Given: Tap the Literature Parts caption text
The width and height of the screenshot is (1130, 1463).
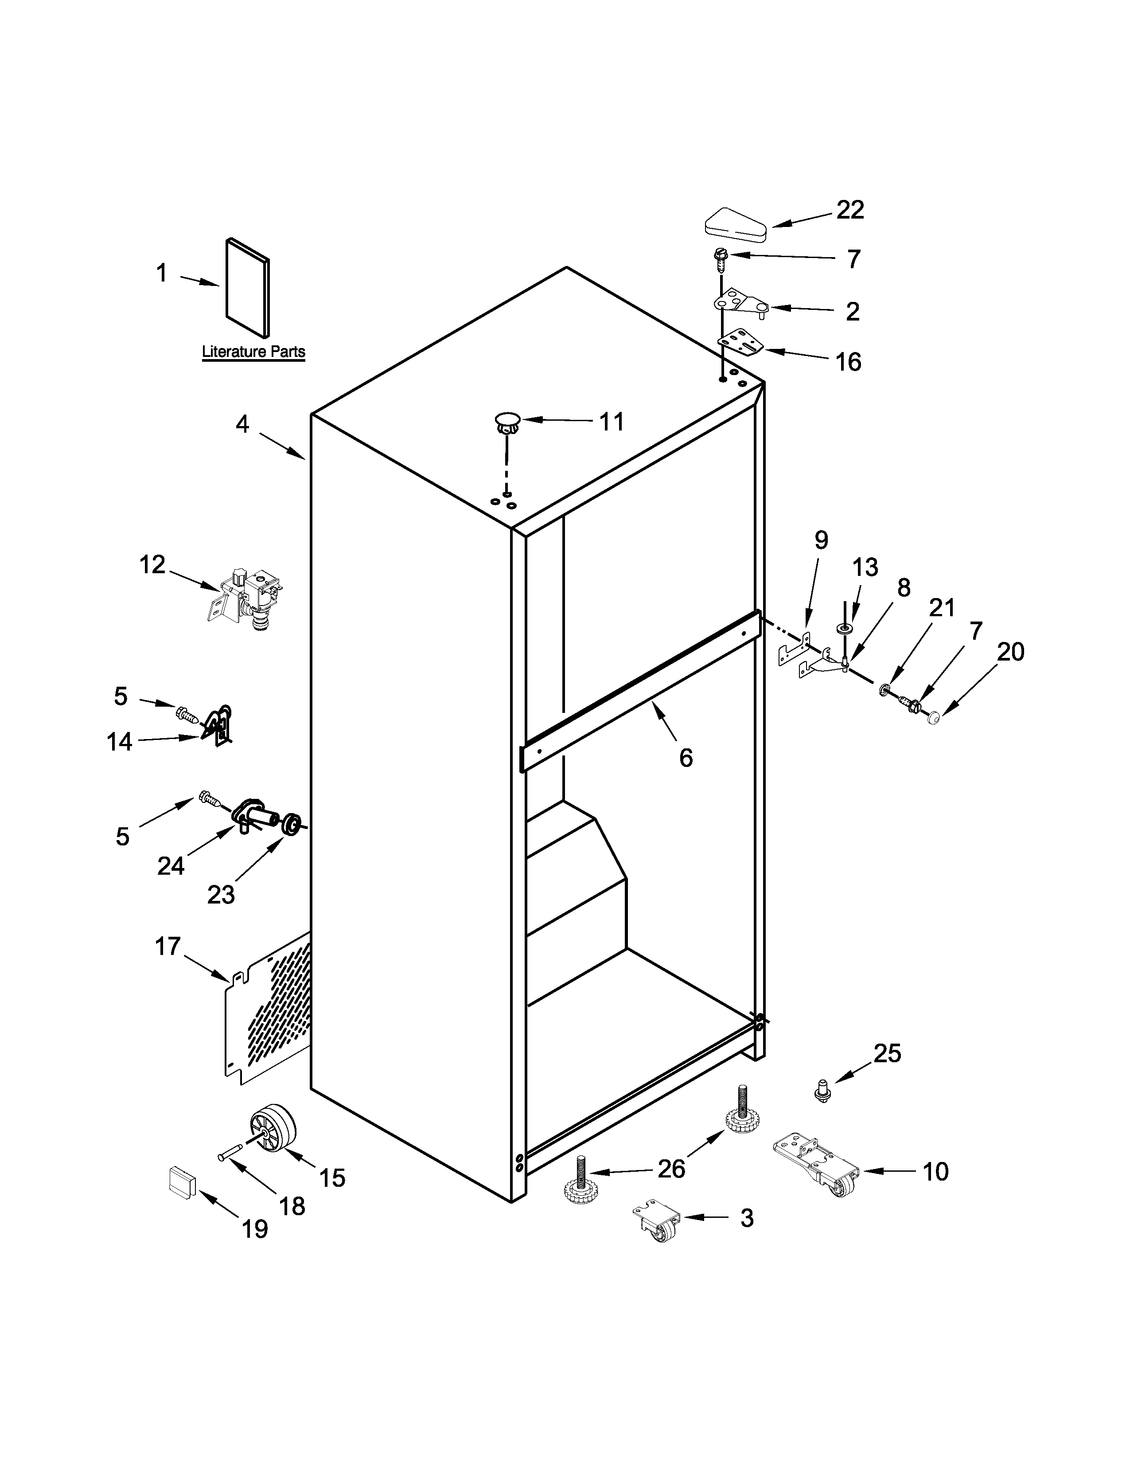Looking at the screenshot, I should pos(254,352).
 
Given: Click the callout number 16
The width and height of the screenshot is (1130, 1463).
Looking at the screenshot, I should pos(848,362).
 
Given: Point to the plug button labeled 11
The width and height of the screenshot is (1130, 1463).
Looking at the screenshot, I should pos(507,422).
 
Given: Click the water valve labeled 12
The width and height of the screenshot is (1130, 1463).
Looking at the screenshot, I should pos(248,598).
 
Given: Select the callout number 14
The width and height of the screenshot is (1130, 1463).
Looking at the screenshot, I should pos(120,742).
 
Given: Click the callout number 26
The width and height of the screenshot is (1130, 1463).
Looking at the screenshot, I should pos(671,1169).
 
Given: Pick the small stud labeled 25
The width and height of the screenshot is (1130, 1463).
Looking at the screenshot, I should pos(822,1091).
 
